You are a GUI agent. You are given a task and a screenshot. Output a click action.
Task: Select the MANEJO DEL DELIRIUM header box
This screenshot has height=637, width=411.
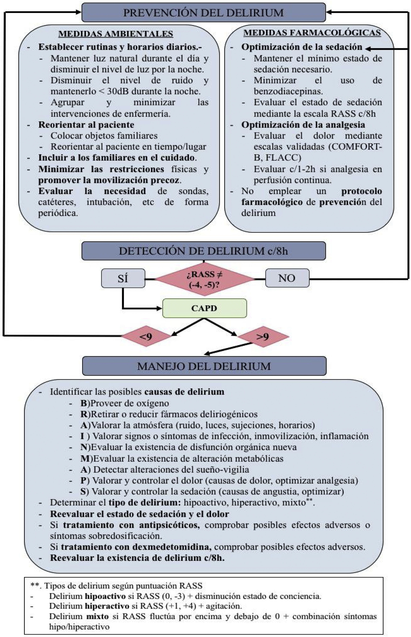coord(204,366)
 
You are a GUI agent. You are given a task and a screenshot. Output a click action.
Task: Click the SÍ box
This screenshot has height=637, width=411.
coord(123,278)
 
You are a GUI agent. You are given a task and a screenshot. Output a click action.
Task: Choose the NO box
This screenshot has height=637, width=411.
coord(287,278)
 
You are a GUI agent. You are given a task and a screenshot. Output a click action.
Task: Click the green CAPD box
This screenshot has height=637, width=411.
coord(204,308)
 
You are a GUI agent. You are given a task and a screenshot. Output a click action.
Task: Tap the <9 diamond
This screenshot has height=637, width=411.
coord(146,336)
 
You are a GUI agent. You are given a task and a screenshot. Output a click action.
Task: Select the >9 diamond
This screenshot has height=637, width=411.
coord(263,337)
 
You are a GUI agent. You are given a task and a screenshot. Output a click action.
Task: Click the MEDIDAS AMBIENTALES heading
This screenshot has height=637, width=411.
coord(116,34)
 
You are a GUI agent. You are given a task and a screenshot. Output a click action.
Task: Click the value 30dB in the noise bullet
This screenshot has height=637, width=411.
coord(118,91)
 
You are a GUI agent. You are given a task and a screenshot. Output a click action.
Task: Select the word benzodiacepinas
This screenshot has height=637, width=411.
coord(288,91)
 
